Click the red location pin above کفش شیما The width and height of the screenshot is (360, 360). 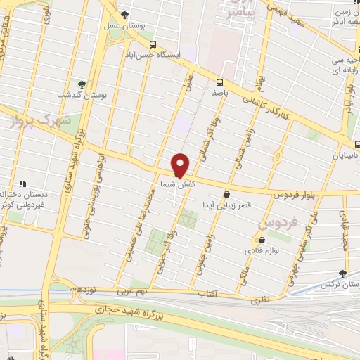click(x=181, y=165)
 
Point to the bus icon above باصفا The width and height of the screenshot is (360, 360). click(x=220, y=82)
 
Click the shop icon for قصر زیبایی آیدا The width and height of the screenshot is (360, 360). click(x=226, y=195)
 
